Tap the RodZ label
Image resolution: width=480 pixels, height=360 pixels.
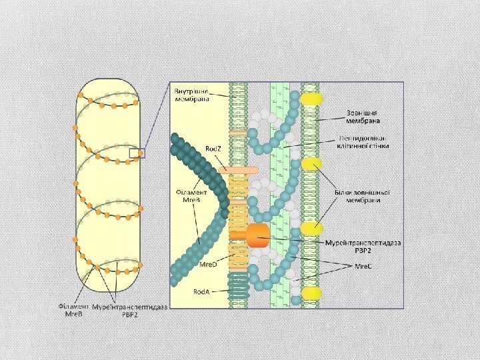(x=213, y=148)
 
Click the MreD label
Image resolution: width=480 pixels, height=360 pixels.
(x=209, y=264)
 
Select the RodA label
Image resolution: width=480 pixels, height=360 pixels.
(x=202, y=291)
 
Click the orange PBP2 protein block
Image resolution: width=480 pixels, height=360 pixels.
(x=257, y=234)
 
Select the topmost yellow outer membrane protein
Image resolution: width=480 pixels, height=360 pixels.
(x=311, y=99)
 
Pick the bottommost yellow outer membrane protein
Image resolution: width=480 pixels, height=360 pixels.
(x=311, y=293)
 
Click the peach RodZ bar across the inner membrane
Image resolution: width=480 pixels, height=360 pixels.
(x=238, y=171)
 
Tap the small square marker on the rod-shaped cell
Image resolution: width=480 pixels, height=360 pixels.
(x=134, y=154)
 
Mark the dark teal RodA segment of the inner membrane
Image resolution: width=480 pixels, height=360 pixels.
(x=238, y=287)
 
